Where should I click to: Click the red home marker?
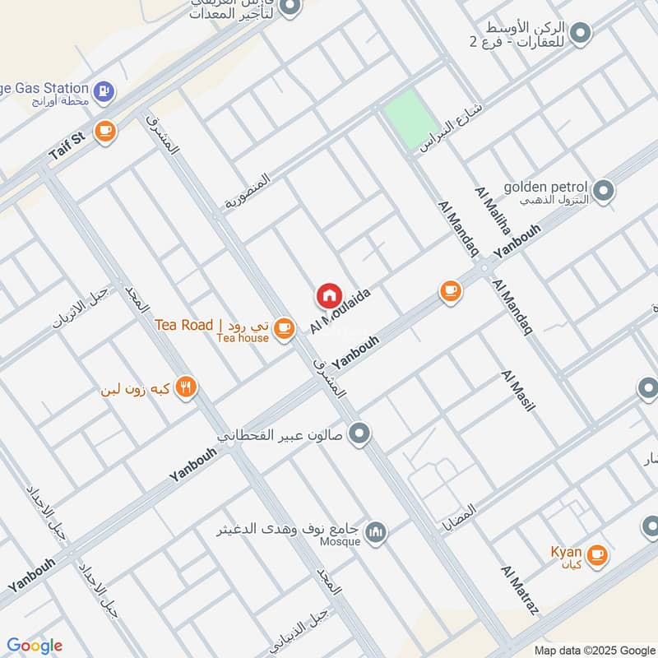[x=329, y=294]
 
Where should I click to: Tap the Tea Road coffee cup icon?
[x=285, y=328]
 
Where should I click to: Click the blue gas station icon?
[x=104, y=90]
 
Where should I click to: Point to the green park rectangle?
[x=412, y=119]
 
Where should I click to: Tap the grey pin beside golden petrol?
[x=605, y=191]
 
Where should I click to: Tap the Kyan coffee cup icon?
[x=598, y=554]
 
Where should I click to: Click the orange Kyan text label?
[x=567, y=552]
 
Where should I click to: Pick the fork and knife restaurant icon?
[x=186, y=387]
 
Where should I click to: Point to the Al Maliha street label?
[x=493, y=211]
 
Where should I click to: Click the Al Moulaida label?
[x=341, y=311]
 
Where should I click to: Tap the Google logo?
[x=35, y=645]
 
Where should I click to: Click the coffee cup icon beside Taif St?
[x=104, y=132]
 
